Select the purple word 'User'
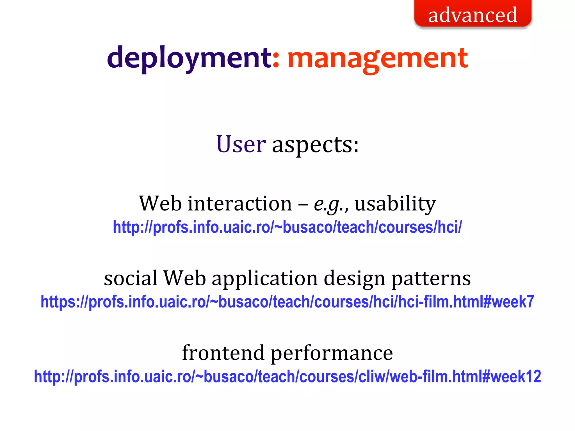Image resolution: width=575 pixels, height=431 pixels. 241,144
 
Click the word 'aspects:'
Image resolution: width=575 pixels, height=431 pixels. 315,145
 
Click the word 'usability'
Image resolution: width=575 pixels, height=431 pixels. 395,204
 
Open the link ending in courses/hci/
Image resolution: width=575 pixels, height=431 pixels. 287,227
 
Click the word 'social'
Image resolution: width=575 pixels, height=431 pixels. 131,278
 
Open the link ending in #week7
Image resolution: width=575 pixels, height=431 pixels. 287,302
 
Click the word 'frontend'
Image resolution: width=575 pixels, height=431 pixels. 223,353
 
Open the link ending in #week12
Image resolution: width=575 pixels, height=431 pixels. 287,377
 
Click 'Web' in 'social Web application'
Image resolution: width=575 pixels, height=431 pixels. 185,278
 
